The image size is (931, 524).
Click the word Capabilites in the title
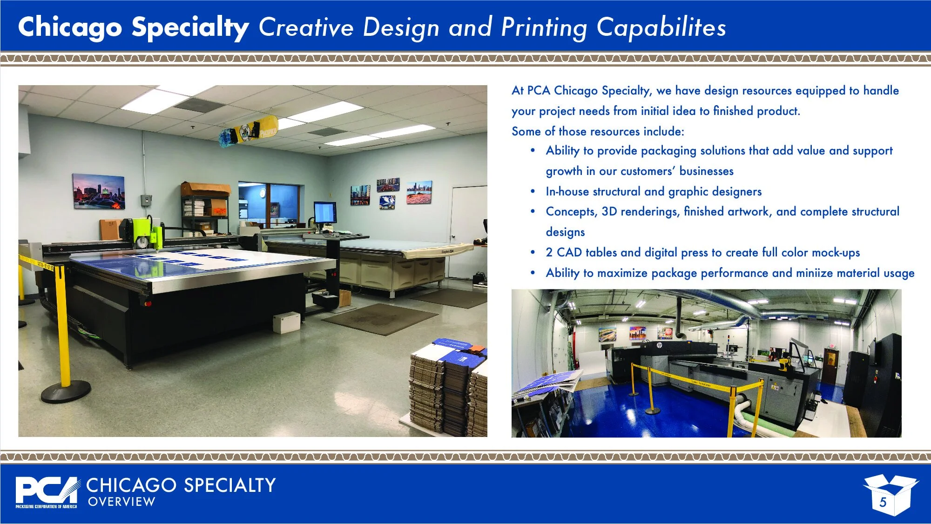pos(661,27)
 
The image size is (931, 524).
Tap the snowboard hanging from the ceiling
pos(249,131)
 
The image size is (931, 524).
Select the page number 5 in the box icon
pos(883,502)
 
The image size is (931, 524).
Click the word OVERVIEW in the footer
pos(121,502)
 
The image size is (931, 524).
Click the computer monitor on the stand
pos(325,213)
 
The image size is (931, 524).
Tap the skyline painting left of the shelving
pos(99,192)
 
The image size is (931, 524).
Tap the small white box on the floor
pos(286,322)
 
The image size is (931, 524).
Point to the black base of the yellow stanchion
pos(66,391)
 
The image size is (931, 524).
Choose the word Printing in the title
pos(544,27)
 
